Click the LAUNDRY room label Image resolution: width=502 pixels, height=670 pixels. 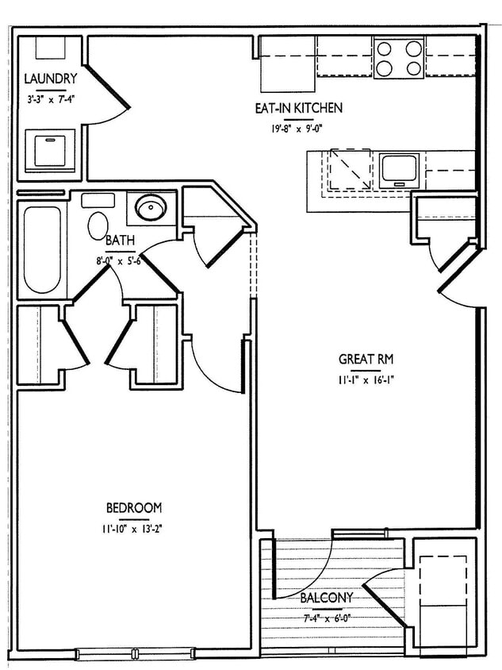tap(50, 79)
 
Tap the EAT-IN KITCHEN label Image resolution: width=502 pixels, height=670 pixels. tap(298, 108)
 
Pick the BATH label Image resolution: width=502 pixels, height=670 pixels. tap(120, 241)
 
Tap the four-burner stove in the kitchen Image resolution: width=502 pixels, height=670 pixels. tap(398, 58)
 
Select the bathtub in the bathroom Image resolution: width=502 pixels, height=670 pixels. tap(40, 249)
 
